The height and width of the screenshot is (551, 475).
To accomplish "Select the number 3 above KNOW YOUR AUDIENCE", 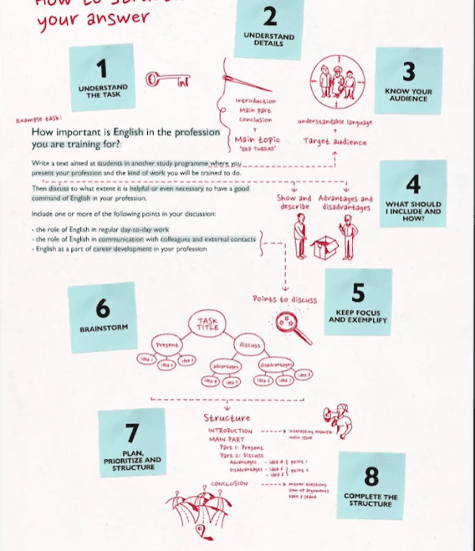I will [408, 72].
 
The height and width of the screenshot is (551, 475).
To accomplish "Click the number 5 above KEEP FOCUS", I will [359, 293].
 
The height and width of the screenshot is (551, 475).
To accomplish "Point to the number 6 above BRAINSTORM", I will [102, 308].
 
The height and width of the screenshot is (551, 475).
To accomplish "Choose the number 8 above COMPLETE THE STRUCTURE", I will [370, 475].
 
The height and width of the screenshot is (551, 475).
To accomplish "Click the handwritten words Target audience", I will [334, 142].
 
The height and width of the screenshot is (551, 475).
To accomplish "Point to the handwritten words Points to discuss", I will [284, 300].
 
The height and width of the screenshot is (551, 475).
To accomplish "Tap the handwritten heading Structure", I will [226, 417].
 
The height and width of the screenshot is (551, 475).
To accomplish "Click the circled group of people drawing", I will [336, 80].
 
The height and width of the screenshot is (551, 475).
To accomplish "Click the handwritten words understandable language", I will [334, 122].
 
